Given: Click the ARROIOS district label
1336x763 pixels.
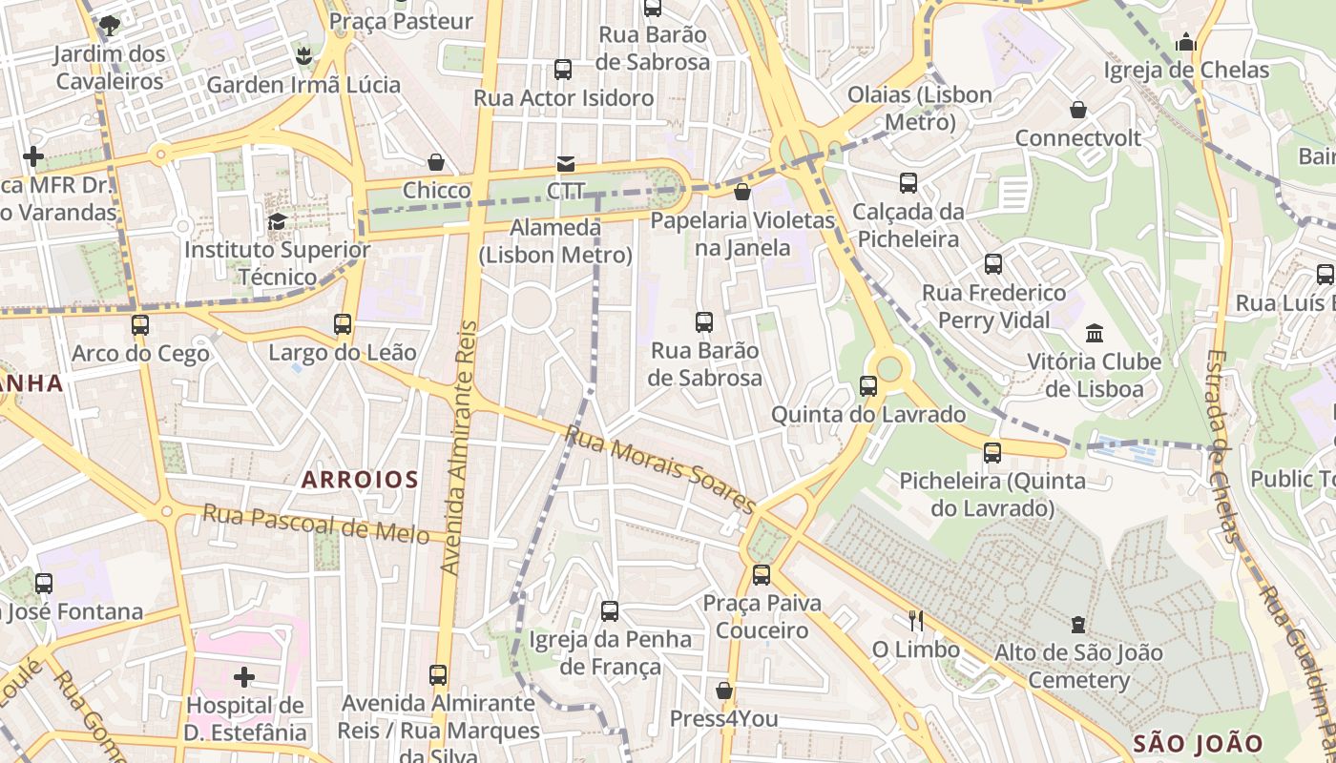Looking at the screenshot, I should (x=360, y=480).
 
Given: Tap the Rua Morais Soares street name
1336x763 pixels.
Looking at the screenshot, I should (x=660, y=470).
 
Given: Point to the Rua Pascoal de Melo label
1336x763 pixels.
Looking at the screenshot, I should (x=316, y=525).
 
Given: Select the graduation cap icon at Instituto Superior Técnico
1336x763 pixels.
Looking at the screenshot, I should (x=277, y=222).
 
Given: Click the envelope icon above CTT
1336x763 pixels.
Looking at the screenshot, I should (x=566, y=164).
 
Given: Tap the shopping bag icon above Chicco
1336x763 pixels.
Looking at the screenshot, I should (x=436, y=162).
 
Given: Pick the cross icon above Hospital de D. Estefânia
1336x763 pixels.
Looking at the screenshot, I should (x=244, y=677).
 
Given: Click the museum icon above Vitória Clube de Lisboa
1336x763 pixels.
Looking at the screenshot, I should (x=1094, y=334).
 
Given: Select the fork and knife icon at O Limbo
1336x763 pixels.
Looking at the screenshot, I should (x=916, y=621).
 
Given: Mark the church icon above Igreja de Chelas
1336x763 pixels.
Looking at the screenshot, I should (x=1186, y=42).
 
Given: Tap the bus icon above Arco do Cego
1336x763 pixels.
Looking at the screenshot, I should (x=140, y=325).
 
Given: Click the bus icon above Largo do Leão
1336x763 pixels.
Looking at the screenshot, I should (x=343, y=324).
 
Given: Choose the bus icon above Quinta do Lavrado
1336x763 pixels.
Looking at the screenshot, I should (x=868, y=386).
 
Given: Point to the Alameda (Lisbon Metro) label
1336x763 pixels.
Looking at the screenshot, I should (x=556, y=241).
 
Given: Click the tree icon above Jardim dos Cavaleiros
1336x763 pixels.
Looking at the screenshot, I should (x=110, y=25).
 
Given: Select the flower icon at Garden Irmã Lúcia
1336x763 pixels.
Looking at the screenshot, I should (x=303, y=56).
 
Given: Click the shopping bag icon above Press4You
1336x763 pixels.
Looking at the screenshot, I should (x=724, y=691).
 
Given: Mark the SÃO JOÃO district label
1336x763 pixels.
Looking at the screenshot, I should (x=1198, y=743).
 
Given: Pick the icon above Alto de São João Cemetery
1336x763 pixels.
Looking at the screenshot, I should (x=1078, y=625).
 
